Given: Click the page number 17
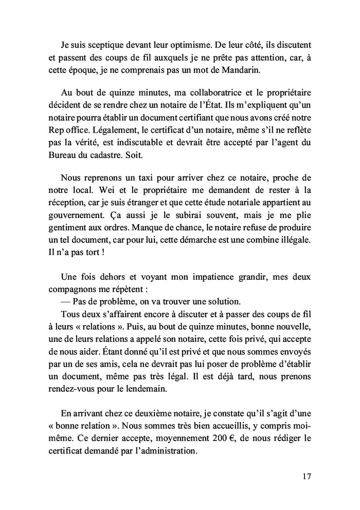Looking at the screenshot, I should coord(306,477).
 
